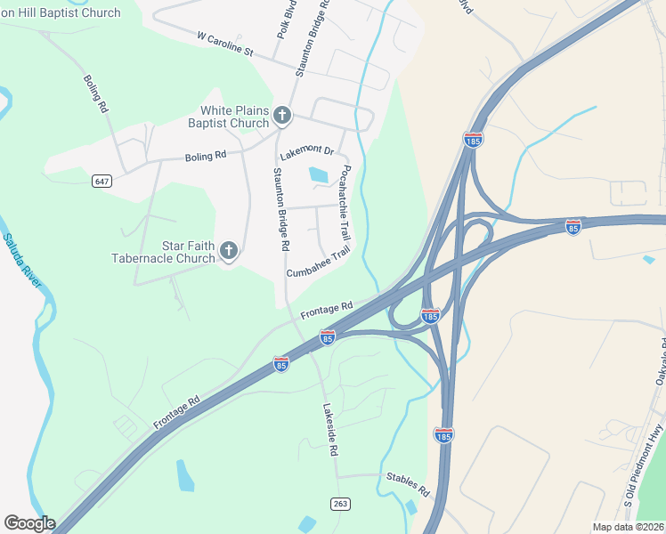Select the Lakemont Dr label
pos(311,152)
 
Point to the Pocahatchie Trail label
pos(346,203)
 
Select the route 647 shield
pos(102,182)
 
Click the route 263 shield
pos(340,504)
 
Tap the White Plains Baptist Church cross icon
pos(282,115)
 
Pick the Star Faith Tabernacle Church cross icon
pos(228,251)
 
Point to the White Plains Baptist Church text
pos(234,117)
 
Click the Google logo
pos(29,523)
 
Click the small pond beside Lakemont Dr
pos(318,175)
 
